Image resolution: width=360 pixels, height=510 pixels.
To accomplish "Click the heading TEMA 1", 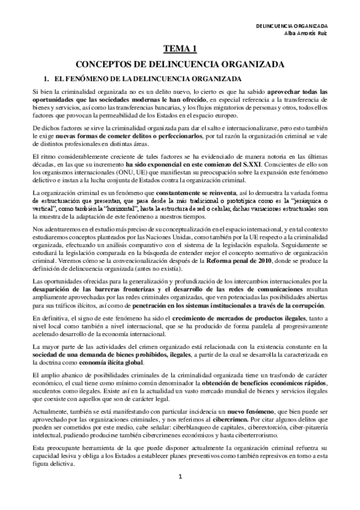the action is pyautogui.click(x=180, y=51).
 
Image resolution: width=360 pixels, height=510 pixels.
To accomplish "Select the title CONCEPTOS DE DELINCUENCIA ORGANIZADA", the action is pyautogui.click(x=180, y=65).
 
